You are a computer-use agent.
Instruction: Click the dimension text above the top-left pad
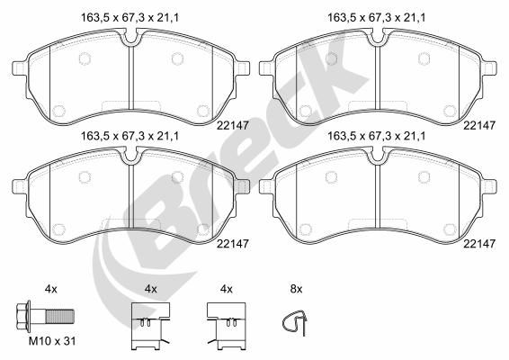(129, 18)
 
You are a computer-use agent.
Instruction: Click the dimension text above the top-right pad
(377, 18)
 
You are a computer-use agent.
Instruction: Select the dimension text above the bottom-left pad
(129, 136)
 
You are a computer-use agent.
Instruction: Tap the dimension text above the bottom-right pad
(377, 136)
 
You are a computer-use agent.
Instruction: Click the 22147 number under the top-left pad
(233, 125)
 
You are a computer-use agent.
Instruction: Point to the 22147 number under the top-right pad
(479, 125)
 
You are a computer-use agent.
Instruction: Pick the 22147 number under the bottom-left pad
(233, 244)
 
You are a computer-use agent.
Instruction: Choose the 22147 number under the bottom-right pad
(479, 244)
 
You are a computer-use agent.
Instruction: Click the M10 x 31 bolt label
(52, 341)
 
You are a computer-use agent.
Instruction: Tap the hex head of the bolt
(23, 316)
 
